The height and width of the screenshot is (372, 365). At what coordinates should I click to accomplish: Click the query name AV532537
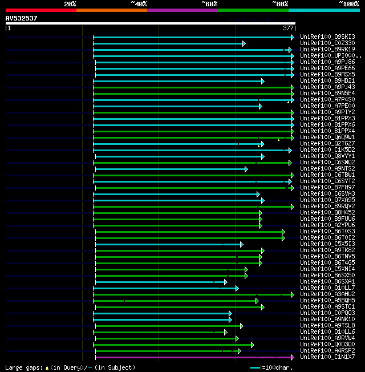click(22, 18)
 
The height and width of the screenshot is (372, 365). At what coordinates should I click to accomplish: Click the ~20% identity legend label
click(70, 3)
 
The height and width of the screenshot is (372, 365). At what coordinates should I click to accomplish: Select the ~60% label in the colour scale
click(209, 3)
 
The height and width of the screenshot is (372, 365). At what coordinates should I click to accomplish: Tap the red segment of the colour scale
click(40, 10)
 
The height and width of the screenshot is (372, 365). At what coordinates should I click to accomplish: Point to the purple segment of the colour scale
click(182, 10)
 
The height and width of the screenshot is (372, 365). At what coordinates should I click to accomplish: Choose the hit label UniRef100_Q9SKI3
click(327, 37)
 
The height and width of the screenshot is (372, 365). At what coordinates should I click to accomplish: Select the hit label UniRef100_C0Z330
click(327, 43)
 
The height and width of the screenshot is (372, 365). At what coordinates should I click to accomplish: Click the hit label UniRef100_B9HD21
click(327, 81)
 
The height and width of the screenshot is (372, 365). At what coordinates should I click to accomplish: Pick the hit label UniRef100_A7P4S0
click(327, 100)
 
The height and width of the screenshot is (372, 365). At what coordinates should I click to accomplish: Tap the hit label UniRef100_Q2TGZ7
click(327, 144)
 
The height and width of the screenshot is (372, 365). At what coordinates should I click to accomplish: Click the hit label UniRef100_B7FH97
click(327, 187)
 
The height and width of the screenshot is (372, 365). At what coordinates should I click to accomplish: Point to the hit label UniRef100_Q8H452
click(327, 212)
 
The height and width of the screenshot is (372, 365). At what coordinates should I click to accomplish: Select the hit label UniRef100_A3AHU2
click(327, 294)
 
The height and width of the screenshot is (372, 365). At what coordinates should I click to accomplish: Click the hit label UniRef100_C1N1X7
click(327, 357)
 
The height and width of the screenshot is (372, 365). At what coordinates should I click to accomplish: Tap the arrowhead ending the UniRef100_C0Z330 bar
click(244, 43)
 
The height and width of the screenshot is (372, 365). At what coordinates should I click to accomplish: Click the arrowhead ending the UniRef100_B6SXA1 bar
click(225, 281)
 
